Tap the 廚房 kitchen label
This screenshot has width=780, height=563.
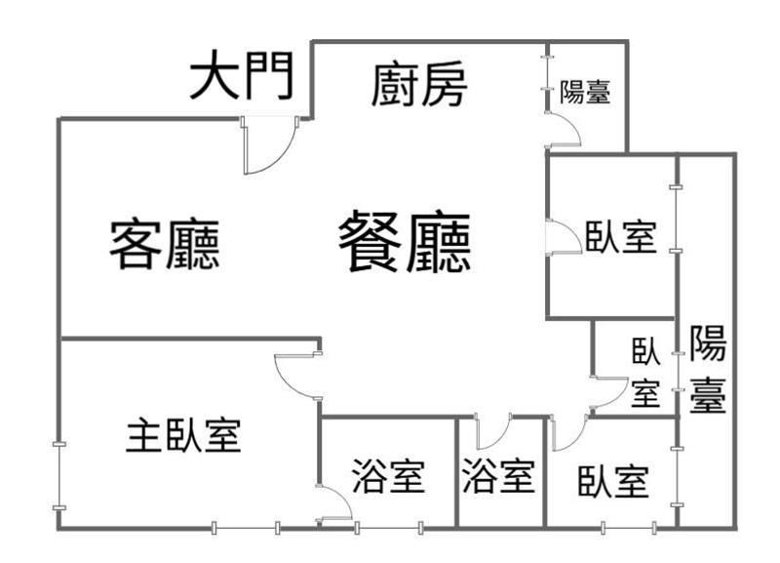click(419, 87)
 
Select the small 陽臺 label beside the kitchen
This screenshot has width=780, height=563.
click(586, 93)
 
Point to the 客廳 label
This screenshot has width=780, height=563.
click(164, 244)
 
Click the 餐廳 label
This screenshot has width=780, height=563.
click(405, 243)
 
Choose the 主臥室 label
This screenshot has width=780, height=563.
click(183, 435)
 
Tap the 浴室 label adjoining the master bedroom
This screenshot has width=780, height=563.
click(388, 476)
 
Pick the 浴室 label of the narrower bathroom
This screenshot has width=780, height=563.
click(498, 476)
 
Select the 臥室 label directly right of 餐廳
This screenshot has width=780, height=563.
click(621, 236)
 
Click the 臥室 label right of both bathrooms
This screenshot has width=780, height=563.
click(612, 480)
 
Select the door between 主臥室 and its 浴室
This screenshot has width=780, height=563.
click(335, 502)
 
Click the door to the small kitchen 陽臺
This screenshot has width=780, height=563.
click(563, 129)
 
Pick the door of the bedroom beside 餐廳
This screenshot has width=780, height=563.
click(562, 238)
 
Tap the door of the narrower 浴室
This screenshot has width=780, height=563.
click(492, 431)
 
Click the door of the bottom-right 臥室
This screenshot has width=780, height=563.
click(567, 432)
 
